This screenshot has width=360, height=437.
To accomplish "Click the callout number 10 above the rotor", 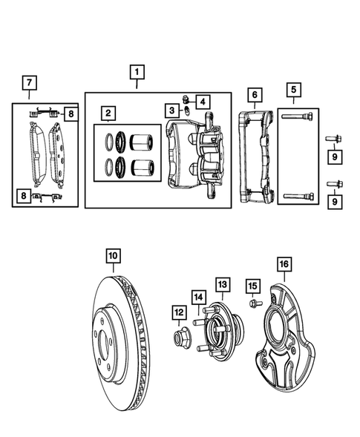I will point(112,257).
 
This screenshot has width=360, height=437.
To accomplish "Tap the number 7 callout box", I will point(29,81).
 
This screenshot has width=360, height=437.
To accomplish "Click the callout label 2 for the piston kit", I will point(108,114).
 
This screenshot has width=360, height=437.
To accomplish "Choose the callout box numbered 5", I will point(295,91).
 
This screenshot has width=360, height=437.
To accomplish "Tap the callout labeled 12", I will point(178,312).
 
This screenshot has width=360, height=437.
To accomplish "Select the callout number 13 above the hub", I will point(223,284).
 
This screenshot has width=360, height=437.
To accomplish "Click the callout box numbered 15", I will point(252,286).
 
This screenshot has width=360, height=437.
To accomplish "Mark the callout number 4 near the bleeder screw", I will point(203,100).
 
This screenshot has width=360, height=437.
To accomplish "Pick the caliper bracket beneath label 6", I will point(256,157).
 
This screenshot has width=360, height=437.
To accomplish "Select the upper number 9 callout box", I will point(335,157).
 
